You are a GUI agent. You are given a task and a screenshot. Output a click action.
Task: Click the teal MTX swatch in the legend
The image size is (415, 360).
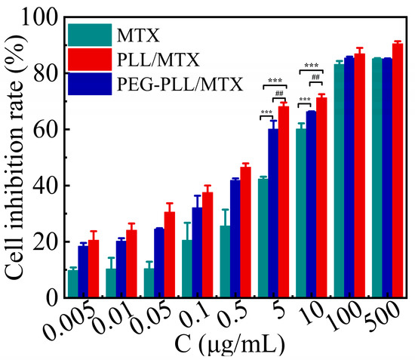(x=90, y=34)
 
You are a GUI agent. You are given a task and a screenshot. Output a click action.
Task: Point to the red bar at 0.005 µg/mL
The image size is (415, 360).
(x=94, y=269)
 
